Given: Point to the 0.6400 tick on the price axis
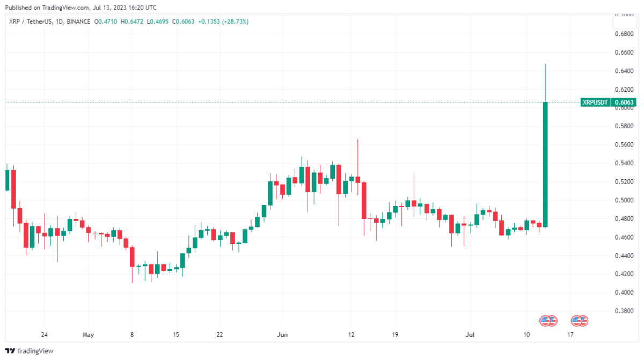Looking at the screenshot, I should tap(622, 71).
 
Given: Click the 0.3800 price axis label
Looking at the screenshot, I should tap(622, 311).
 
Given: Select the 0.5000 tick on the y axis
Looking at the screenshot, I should tap(622, 200).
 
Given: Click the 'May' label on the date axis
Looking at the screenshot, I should tap(88, 335).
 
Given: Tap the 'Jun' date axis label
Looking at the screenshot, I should tap(281, 335).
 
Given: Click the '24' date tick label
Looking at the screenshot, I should tap(45, 335).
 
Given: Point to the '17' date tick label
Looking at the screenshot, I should tap(570, 335).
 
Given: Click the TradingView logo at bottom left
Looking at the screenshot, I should tap(31, 351).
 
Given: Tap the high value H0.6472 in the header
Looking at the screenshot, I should tap(133, 21).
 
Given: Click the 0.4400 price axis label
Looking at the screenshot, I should tap(622, 255).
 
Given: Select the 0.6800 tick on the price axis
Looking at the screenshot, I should tap(622, 34).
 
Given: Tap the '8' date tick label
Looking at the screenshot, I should tap(132, 335).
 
